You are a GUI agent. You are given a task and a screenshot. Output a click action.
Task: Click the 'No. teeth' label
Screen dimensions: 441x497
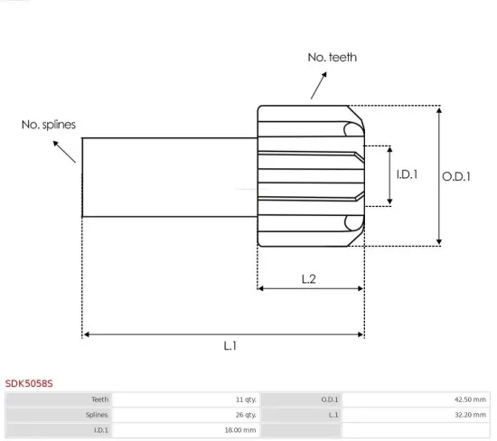pos(332,57)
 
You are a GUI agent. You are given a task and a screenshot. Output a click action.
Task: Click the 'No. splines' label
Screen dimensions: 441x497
pos(49,125)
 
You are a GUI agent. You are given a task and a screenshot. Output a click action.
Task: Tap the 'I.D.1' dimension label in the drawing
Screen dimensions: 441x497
pos(408,174)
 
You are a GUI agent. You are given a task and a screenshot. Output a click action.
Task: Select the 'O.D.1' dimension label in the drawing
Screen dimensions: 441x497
pos(456,176)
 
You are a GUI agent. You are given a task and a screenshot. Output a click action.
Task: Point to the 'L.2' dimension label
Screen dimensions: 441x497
pos(308,279)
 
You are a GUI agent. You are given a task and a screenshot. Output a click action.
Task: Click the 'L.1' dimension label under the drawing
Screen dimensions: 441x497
pos(230,345)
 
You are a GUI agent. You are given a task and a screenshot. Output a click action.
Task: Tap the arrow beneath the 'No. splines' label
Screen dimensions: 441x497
pos(66,150)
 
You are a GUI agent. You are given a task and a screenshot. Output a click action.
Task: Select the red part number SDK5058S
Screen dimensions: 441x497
pos(29,383)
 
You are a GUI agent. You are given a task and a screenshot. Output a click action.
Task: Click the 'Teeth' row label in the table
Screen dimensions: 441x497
pos(99,399)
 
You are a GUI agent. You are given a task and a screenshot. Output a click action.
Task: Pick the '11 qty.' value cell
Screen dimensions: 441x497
pos(244,399)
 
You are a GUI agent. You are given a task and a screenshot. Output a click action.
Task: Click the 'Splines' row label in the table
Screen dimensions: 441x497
pos(98,415)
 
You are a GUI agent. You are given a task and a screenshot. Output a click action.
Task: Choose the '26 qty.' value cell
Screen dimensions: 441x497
pos(244,415)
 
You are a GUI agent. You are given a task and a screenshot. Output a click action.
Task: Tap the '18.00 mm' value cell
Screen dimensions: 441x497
pos(240,430)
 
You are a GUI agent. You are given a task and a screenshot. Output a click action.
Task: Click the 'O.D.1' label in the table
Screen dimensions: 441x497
pos(330,399)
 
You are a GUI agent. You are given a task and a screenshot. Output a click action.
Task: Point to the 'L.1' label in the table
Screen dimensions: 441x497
pos(333,415)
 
